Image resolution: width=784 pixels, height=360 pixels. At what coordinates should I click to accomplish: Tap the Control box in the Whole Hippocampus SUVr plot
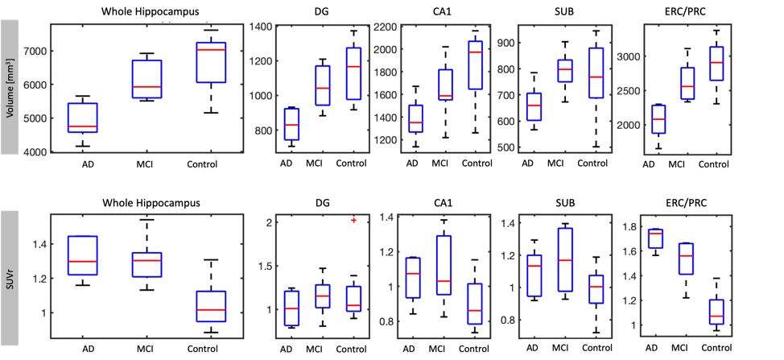212,306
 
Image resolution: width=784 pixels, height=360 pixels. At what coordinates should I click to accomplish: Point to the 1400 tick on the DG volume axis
262,27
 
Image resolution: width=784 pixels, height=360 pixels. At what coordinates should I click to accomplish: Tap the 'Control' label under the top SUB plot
591,164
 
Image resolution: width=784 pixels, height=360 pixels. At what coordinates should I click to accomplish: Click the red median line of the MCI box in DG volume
321,88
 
